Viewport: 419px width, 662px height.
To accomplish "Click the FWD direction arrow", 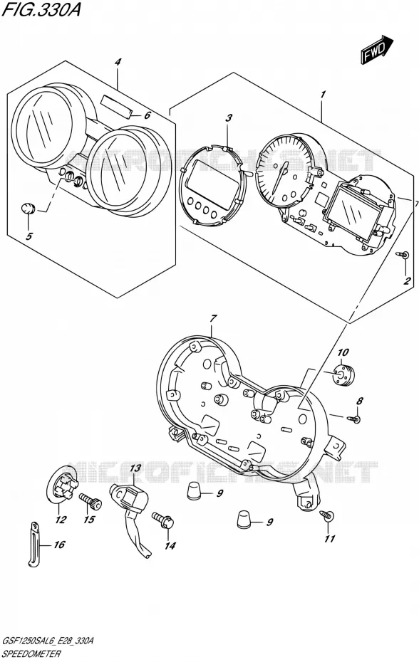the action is pos(377,49).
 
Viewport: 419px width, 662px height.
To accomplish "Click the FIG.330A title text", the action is pos(41,10).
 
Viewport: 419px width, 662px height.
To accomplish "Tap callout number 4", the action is pos(118,62).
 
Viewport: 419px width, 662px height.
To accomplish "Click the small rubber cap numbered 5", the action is pos(28,208).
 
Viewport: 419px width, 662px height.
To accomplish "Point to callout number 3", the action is pos(228,117).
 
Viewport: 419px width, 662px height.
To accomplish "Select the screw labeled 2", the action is pos(403,255).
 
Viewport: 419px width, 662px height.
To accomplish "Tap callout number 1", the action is pos(323,95).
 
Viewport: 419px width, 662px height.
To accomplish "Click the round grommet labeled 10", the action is pos(343,374).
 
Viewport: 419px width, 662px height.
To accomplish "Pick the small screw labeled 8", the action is pos(353,419).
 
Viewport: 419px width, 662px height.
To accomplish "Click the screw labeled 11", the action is pos(328,515).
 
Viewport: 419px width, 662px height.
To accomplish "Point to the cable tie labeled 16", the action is pos(33,542).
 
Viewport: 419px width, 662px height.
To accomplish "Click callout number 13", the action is pos(135,468).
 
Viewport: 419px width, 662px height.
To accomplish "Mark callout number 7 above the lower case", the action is pos(212,318).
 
